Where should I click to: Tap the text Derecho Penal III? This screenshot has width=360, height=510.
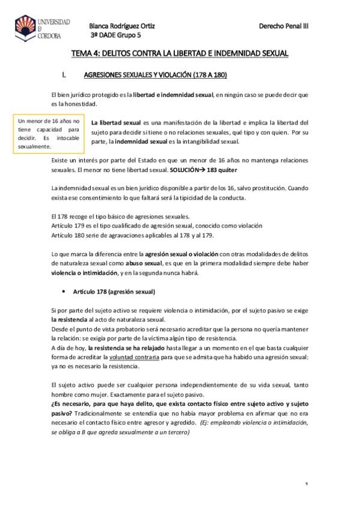pos(283,26)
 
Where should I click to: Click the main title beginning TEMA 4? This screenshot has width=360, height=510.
pos(180,54)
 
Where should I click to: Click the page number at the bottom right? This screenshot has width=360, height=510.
pos(307,484)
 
